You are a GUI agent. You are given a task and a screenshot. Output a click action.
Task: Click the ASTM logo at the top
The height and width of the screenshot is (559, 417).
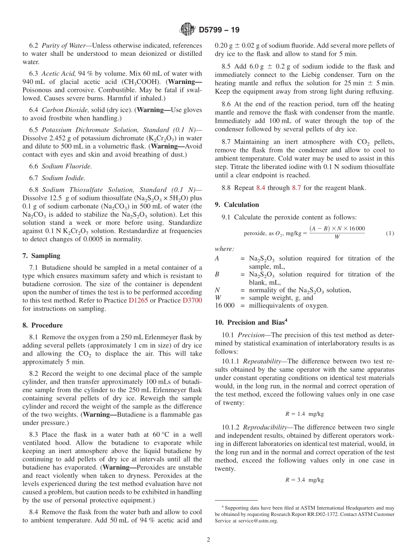188,30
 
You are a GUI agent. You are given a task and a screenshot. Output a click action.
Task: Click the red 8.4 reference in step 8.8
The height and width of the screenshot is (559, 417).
261,188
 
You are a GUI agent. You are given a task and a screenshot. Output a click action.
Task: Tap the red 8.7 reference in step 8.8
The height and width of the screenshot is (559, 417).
297,188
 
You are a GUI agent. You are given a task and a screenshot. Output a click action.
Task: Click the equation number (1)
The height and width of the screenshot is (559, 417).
390,233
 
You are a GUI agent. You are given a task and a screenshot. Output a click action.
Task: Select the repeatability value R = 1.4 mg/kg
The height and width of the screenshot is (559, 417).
304,414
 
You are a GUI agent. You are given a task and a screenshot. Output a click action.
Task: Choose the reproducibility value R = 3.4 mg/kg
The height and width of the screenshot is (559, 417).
304,479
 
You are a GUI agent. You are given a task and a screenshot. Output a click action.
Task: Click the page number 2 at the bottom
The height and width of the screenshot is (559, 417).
208,540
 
